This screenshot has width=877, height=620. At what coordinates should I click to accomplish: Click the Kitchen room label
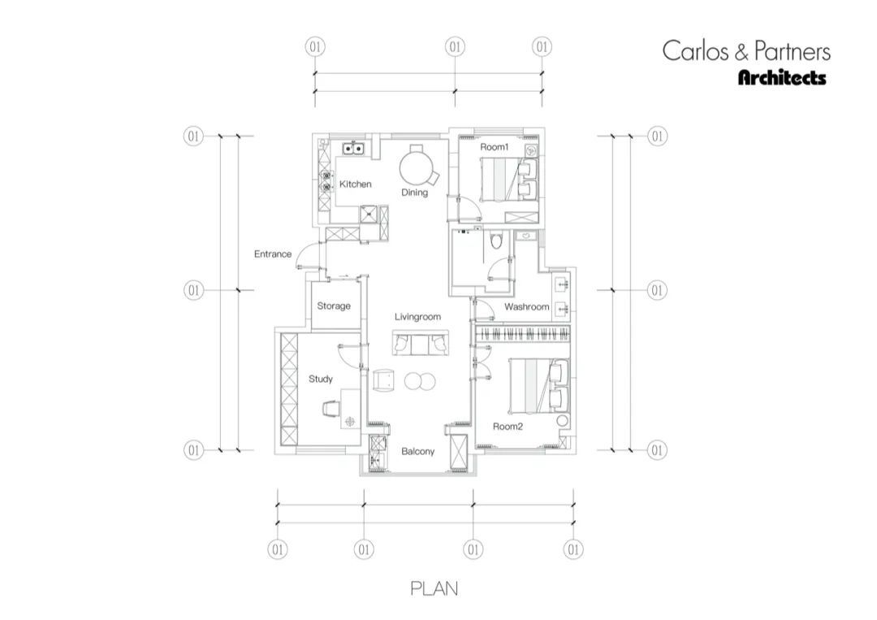[355, 184]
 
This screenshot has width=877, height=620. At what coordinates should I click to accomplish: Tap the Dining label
[414, 193]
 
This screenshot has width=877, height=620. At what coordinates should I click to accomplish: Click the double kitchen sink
[354, 149]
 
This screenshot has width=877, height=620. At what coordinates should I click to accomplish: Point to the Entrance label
[273, 254]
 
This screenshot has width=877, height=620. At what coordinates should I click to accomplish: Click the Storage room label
[334, 306]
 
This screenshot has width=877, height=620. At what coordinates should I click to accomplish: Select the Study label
[321, 379]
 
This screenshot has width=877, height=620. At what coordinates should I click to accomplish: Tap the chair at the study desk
[330, 409]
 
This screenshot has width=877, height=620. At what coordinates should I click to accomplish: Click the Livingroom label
[418, 317]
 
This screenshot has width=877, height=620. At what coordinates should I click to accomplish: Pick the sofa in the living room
[421, 342]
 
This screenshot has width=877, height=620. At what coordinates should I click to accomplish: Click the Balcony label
[418, 452]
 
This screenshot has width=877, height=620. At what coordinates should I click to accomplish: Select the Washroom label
[527, 306]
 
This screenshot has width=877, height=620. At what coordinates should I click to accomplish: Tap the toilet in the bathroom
[495, 241]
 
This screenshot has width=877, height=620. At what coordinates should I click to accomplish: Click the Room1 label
[495, 147]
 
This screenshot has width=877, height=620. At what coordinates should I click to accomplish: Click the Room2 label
[508, 427]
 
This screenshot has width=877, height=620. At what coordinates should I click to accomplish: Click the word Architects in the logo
[782, 77]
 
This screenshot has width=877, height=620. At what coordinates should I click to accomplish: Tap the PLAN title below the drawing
[434, 588]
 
